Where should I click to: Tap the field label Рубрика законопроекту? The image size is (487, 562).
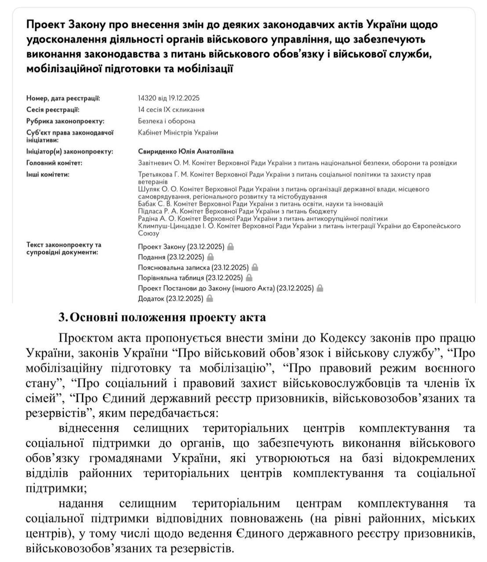click(65, 121)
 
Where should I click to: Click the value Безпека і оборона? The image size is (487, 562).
click(167, 121)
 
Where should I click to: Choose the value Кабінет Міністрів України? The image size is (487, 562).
click(178, 133)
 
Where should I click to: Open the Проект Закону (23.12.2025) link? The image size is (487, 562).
click(181, 247)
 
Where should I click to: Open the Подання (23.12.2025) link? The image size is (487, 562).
click(171, 257)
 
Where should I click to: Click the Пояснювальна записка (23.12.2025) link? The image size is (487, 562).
click(193, 267)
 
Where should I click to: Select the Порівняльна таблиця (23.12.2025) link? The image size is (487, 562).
click(190, 278)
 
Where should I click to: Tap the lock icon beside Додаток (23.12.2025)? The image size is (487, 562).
click(210, 299)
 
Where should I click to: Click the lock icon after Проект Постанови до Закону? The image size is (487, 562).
click(320, 288)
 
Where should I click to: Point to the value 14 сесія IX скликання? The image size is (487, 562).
click(171, 110)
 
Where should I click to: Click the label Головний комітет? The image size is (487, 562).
click(55, 163)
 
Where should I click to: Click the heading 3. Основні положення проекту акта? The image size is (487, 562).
click(162, 317)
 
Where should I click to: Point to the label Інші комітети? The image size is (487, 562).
click(48, 175)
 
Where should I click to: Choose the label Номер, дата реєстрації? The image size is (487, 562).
click(63, 98)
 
